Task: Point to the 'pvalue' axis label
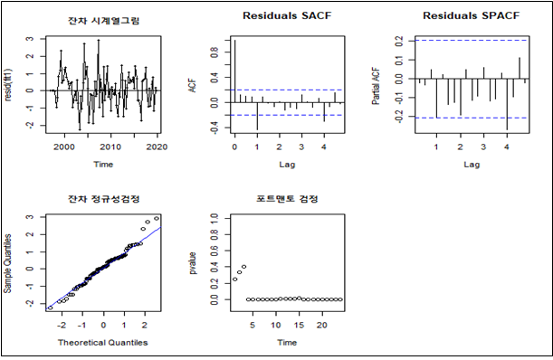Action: [x=193, y=261]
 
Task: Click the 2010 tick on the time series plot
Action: [x=110, y=147]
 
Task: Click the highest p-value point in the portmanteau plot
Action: [x=243, y=267]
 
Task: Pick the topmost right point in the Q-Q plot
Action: [x=157, y=218]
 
